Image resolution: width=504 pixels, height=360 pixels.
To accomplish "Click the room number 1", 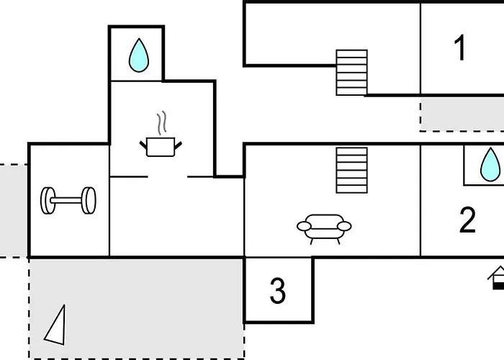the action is click(461, 48).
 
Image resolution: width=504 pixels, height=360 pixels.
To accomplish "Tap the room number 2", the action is click(467, 220).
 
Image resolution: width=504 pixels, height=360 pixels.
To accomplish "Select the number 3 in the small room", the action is click(278, 291).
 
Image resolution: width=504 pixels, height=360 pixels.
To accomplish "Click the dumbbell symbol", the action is click(68, 201).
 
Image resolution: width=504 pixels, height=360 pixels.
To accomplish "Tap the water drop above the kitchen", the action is click(139, 55).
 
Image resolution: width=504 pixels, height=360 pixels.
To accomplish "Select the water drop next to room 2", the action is click(490, 164).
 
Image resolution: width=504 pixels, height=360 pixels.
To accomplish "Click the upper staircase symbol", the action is click(351, 73).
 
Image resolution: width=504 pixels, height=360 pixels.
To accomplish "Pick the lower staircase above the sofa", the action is click(351, 171).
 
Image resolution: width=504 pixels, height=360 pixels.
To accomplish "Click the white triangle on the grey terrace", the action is click(56, 325).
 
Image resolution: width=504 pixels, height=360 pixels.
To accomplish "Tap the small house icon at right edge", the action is click(496, 278).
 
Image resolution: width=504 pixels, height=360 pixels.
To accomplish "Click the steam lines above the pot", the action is click(162, 122).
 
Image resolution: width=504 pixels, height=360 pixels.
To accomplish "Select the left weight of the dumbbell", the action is click(48, 201).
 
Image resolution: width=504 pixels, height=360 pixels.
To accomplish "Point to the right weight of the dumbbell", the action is click(89, 201).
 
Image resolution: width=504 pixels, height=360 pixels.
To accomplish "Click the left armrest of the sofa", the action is click(304, 226).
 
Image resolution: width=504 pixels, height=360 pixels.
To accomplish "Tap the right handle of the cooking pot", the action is click(178, 145).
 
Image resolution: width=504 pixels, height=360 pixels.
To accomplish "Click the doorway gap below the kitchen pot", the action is click(168, 176).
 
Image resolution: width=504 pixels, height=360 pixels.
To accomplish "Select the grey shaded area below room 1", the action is click(462, 114).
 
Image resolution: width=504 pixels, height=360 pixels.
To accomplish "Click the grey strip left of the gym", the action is click(14, 211).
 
